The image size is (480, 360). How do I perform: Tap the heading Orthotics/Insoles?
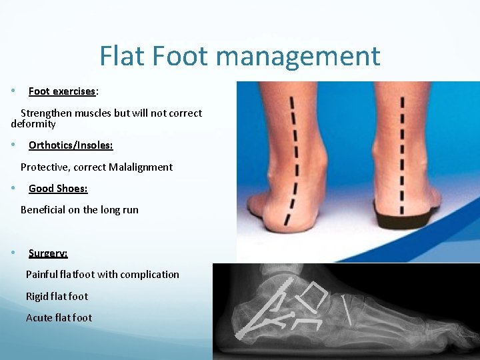[71, 145]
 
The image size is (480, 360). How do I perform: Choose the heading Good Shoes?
[58, 188]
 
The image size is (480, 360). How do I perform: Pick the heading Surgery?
[48, 253]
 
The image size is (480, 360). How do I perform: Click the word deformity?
[33, 124]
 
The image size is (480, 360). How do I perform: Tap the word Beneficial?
[45, 209]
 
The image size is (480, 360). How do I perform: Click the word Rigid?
[37, 296]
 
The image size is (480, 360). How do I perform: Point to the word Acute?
[39, 317]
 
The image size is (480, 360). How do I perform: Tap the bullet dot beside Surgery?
[14, 253]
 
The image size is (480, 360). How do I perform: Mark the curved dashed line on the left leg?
[294, 160]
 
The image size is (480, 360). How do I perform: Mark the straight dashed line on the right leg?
[401, 153]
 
